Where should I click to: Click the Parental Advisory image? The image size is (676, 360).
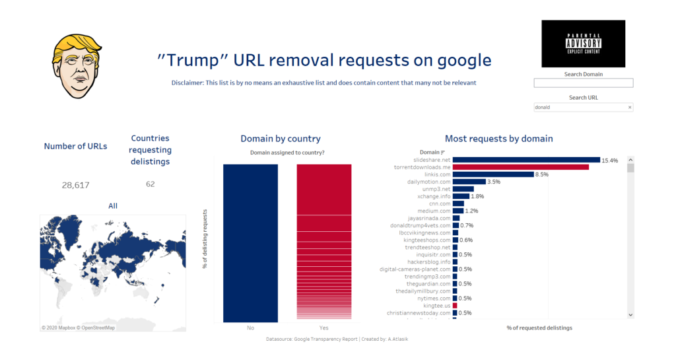583,44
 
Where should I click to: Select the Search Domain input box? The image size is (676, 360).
583,83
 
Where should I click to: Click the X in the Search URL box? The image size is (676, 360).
629,107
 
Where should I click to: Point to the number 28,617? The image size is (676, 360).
76,185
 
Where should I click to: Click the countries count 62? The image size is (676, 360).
151,184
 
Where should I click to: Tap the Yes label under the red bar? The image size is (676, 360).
323,328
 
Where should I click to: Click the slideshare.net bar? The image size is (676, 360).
526,160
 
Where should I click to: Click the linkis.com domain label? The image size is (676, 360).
434,174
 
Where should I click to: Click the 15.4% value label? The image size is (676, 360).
610,160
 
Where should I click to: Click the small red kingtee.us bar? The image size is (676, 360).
455,306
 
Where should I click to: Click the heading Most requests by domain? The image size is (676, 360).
498,139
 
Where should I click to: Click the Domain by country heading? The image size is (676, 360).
281,139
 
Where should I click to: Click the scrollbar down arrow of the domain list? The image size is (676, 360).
630,314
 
